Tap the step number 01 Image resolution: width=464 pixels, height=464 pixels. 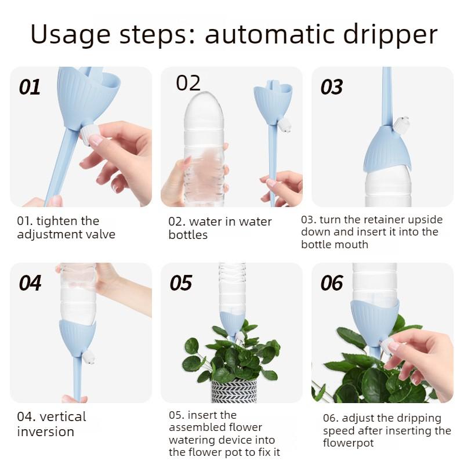[30, 88]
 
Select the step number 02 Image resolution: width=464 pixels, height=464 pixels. [188, 83]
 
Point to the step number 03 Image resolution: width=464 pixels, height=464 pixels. [332, 88]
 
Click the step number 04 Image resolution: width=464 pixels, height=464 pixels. [30, 284]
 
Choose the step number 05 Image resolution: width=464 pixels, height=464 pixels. [180, 284]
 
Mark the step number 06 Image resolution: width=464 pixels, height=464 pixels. [332, 284]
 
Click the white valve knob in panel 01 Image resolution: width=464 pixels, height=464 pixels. [89, 135]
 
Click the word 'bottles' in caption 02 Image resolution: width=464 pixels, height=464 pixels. [188, 235]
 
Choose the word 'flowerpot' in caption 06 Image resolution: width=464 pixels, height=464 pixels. [349, 444]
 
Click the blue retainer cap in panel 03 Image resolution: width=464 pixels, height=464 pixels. [387, 150]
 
